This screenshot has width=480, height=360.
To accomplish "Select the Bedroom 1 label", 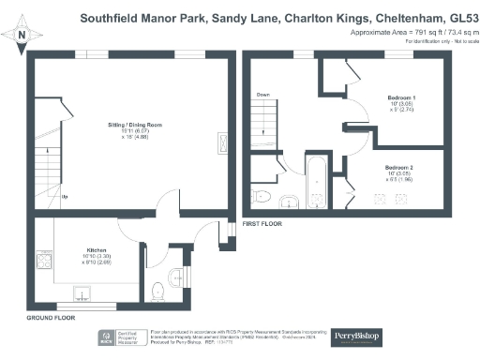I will [403, 97].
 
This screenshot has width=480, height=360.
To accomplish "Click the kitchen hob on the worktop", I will [43, 259].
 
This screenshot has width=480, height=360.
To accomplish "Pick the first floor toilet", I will [263, 197].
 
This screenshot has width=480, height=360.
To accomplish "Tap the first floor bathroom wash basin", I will [290, 200].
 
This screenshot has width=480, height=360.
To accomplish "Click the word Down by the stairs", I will [263, 95].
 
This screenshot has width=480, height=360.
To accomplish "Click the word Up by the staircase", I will [64, 197].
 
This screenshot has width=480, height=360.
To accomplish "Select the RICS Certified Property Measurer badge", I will [122, 338].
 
